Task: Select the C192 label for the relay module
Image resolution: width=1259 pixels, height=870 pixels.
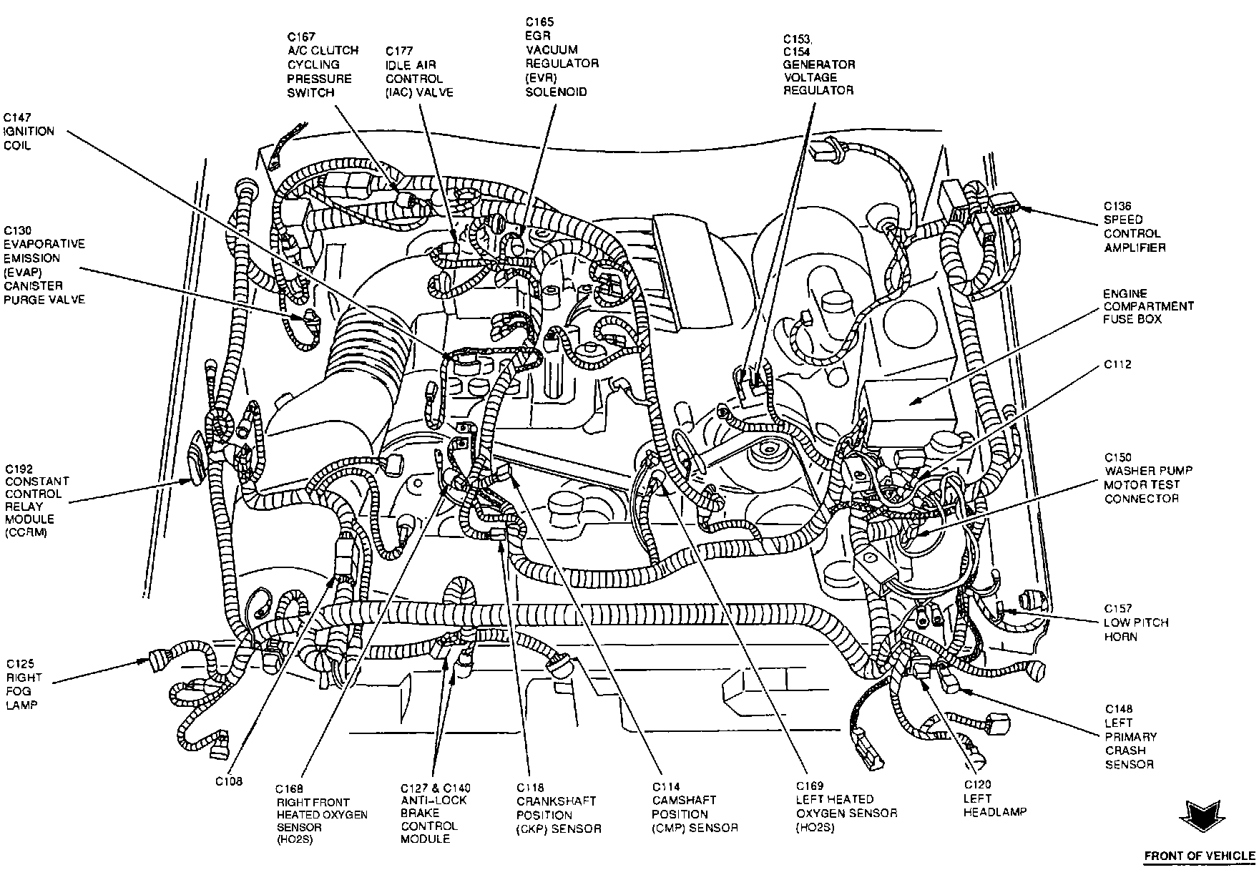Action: point(19,469)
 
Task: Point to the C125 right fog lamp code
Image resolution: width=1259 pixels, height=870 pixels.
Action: point(20,664)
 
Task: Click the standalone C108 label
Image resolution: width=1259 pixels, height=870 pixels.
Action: point(230,781)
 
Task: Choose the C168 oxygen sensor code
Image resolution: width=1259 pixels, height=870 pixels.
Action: point(291,788)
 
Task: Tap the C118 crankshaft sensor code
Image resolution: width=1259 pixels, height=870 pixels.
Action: point(531,788)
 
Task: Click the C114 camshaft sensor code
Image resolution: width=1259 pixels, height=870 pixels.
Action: point(666,787)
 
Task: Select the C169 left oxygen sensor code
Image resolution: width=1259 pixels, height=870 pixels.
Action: point(810,785)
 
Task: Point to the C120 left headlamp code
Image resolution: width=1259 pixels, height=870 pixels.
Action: point(977,785)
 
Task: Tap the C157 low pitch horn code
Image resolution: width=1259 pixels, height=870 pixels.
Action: point(1117,608)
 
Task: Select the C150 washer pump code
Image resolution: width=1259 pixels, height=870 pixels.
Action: point(1118,457)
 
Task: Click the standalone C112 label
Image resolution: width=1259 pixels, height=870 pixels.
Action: point(1117,364)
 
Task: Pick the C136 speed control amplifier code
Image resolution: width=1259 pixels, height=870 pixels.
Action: point(1117,206)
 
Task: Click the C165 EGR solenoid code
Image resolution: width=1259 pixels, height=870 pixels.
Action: point(540,23)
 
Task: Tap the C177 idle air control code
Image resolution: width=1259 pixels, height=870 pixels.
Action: point(399,51)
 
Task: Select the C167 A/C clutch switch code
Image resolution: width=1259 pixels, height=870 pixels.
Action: point(301,36)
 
